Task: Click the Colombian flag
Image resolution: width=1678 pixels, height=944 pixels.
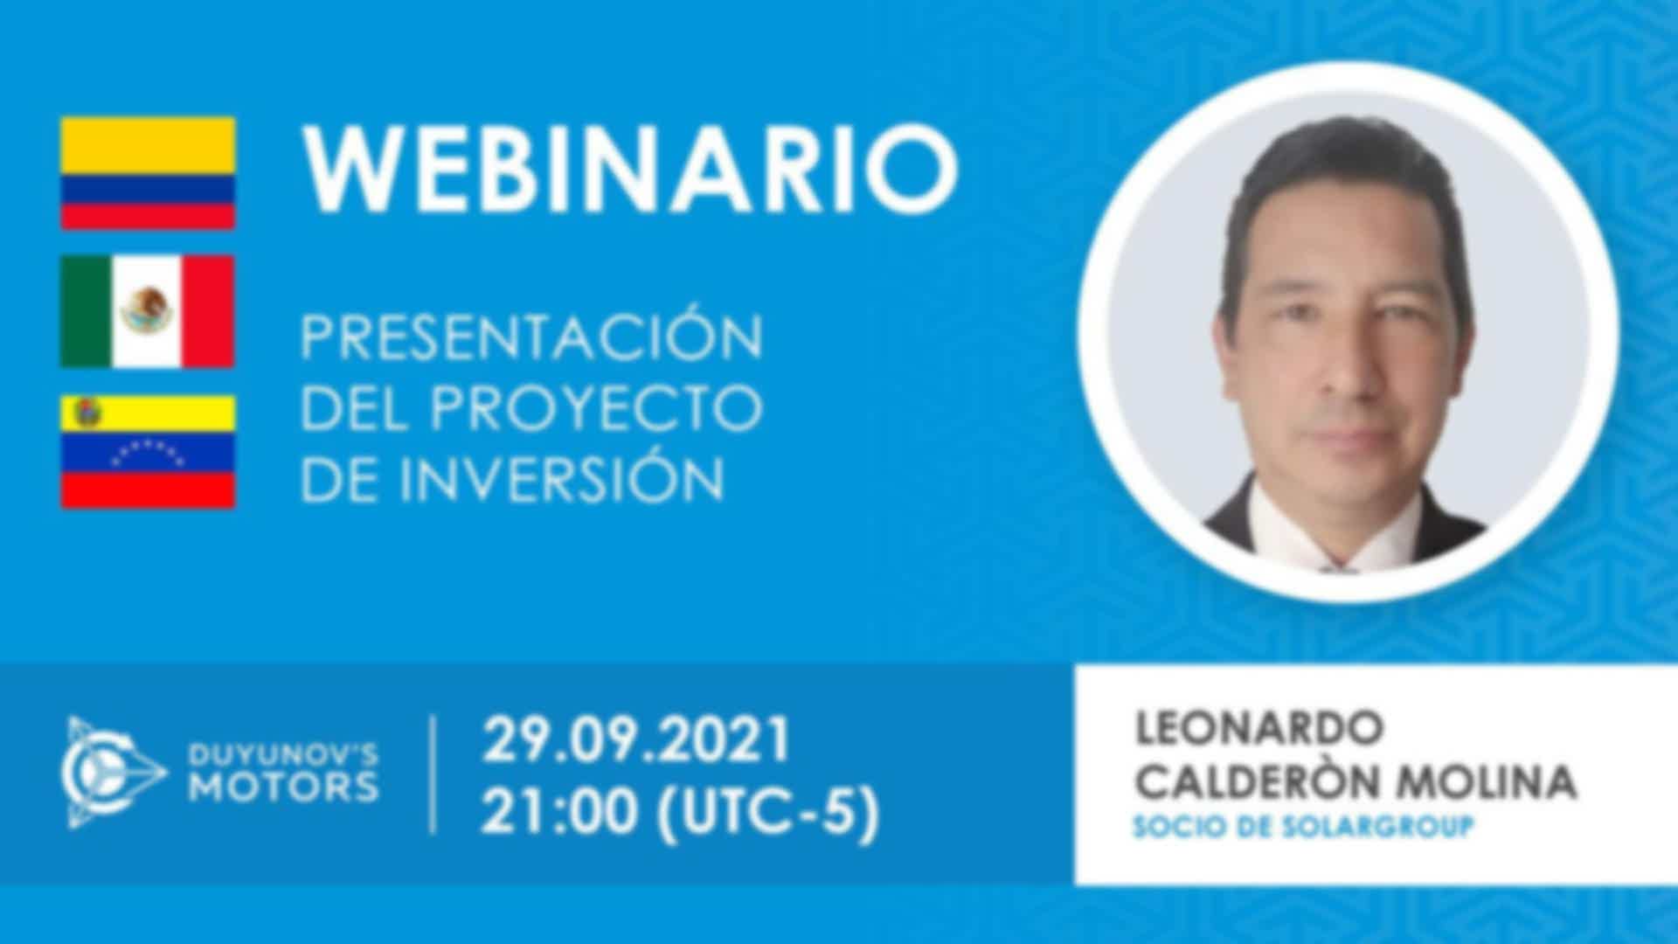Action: [x=148, y=173]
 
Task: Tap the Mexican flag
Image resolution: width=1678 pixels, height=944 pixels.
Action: [x=148, y=312]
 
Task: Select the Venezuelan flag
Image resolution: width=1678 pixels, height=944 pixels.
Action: [x=148, y=451]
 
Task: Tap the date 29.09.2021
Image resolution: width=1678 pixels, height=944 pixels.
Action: [x=637, y=740]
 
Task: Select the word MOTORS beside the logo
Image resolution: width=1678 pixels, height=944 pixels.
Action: [x=284, y=788]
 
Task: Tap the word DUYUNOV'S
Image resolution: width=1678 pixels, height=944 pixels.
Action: [x=284, y=753]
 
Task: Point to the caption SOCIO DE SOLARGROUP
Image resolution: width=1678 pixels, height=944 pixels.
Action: [x=1302, y=826]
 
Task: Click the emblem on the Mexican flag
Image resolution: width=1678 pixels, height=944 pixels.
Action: [x=147, y=311]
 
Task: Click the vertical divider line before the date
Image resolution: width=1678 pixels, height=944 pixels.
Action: [x=434, y=774]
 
